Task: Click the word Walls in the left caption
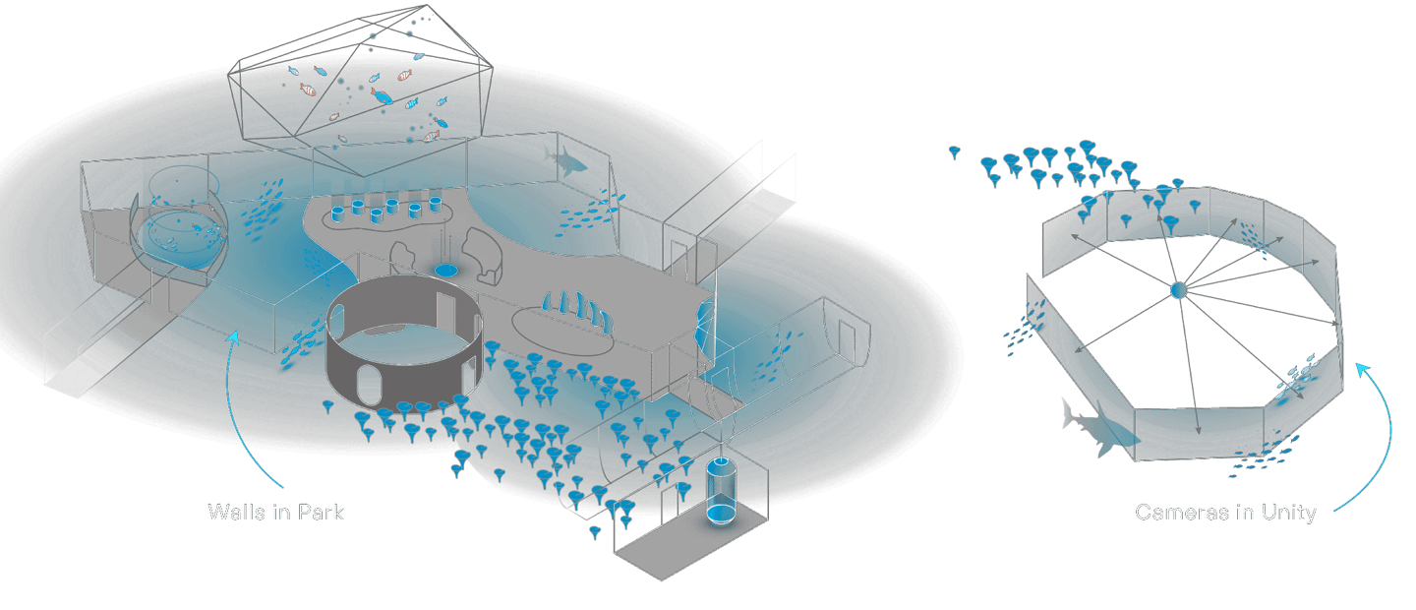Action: point(233,513)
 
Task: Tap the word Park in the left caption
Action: point(322,513)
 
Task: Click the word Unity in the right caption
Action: point(1287,513)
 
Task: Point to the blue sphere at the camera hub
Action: point(1178,290)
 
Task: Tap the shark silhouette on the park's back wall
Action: point(567,159)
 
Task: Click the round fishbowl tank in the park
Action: point(179,228)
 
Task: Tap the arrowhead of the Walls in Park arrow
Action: point(234,335)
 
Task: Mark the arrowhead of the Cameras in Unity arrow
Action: point(1360,366)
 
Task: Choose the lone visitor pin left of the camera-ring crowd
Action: point(955,152)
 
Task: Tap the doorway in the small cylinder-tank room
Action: point(681,499)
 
